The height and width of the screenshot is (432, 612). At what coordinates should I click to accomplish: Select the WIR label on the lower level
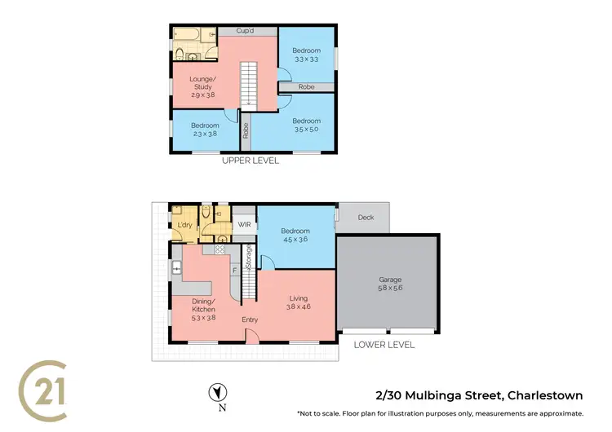(x=243, y=223)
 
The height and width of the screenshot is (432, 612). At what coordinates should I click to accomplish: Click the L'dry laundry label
(x=185, y=225)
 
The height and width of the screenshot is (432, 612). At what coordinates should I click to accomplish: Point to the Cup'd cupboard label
(x=247, y=30)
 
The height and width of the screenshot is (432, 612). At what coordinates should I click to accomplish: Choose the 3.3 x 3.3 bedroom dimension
(x=305, y=60)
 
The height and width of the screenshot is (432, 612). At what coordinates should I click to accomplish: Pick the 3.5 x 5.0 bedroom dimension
(x=305, y=130)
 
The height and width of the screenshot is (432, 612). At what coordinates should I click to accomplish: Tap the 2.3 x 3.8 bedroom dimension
(x=205, y=134)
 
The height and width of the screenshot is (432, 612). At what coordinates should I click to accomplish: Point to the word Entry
(x=250, y=320)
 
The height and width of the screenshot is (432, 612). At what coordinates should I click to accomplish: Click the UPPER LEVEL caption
(x=251, y=161)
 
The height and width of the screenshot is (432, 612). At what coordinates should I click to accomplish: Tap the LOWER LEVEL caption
(x=384, y=345)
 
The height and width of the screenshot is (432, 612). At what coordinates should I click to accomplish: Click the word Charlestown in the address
(x=545, y=396)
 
